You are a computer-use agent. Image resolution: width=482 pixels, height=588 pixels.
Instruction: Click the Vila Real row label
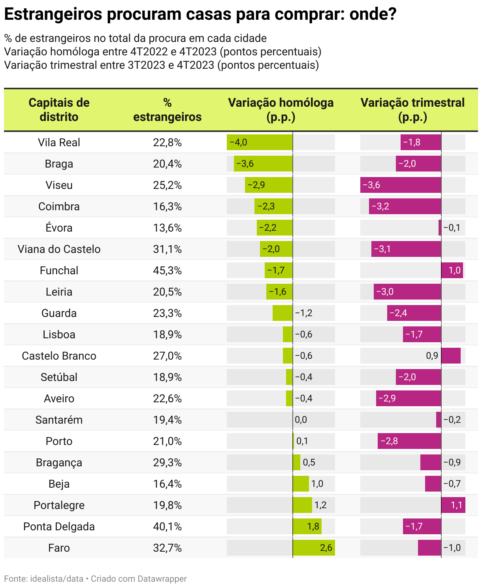[59, 142]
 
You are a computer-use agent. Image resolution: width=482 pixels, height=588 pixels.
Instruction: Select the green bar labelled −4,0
[260, 142]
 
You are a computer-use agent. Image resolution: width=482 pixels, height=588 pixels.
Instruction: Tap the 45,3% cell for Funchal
[167, 270]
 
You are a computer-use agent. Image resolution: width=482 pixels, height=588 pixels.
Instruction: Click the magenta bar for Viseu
[401, 185]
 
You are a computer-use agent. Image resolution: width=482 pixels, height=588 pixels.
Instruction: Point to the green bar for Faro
[314, 548]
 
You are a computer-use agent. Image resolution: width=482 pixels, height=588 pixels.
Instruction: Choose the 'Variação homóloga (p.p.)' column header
[281, 110]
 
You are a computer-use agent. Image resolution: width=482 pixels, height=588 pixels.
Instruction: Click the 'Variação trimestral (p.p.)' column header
[412, 110]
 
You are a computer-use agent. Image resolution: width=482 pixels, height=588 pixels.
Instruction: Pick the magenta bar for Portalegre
[453, 505]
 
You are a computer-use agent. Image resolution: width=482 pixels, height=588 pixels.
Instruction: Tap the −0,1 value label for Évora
[452, 228]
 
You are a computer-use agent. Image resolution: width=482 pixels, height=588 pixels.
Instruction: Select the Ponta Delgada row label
[59, 526]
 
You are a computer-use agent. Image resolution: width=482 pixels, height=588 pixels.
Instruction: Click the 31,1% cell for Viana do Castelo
[167, 249]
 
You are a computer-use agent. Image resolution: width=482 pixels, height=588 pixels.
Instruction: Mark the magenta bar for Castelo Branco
[451, 356]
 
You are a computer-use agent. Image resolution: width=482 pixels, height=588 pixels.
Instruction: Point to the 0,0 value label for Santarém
[301, 420]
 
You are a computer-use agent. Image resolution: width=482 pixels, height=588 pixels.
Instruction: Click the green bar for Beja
[301, 484]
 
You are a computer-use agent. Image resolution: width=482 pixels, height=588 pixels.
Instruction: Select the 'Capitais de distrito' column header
[59, 110]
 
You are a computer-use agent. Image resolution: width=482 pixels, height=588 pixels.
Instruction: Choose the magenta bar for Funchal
[452, 270]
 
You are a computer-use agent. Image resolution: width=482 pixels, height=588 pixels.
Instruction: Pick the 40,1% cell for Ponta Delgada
[167, 526]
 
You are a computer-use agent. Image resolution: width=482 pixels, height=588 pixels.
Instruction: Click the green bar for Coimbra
[273, 206]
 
